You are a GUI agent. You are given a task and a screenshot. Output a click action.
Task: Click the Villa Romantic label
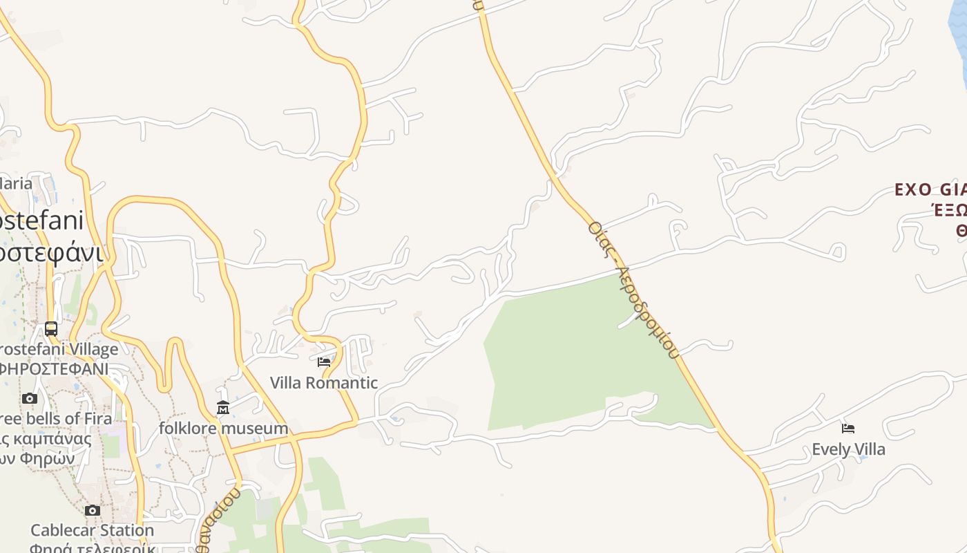323,382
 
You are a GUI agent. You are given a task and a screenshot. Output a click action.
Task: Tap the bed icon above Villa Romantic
323,362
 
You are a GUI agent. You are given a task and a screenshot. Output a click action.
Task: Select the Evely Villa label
848,449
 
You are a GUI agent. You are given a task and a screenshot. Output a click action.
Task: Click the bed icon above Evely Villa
848,429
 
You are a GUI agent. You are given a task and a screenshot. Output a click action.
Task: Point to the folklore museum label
223,428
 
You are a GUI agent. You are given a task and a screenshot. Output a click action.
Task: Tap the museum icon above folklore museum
222,408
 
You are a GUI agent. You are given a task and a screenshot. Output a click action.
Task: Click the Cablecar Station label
92,530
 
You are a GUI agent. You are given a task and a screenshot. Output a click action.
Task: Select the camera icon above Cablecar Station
92,511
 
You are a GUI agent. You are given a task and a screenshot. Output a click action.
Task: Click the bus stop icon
51,328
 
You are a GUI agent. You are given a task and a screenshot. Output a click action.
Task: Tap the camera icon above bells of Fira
29,398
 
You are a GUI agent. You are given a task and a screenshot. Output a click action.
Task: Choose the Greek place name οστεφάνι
51,252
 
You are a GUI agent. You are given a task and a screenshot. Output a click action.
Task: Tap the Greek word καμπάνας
52,438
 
